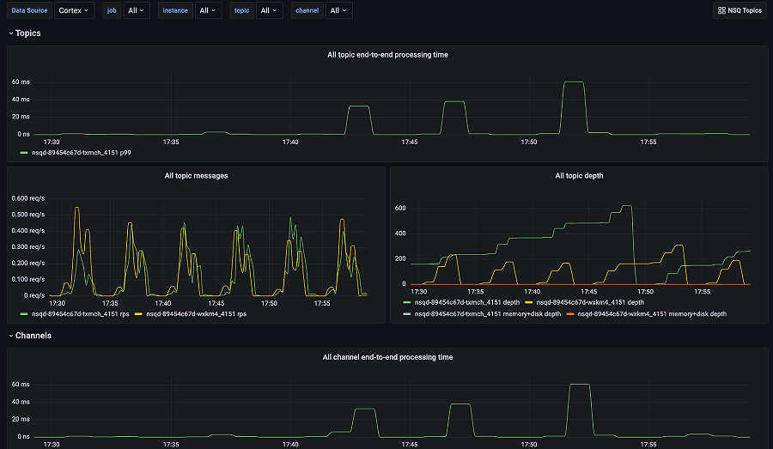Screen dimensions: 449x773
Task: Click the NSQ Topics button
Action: pyautogui.click(x=740, y=10)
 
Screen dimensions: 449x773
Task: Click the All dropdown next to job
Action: pyautogui.click(x=137, y=10)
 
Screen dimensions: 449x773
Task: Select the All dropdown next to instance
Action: pyautogui.click(x=208, y=10)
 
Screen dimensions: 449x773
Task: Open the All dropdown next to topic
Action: pyautogui.click(x=269, y=10)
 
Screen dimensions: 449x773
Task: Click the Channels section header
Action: pyautogui.click(x=33, y=336)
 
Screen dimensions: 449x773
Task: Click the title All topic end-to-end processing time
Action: pyautogui.click(x=387, y=55)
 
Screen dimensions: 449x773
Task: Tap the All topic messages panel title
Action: pyautogui.click(x=196, y=176)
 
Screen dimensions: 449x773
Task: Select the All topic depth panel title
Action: pyautogui.click(x=579, y=176)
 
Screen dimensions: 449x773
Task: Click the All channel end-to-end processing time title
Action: pyautogui.click(x=387, y=357)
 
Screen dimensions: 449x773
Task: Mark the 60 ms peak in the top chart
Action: pyautogui.click(x=574, y=82)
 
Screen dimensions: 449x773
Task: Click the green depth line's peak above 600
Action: pyautogui.click(x=626, y=206)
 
